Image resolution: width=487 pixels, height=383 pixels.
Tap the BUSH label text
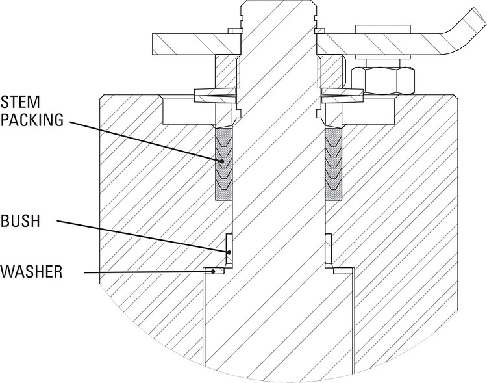21,221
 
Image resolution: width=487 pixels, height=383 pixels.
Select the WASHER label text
32,271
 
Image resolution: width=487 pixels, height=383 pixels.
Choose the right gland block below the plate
333,70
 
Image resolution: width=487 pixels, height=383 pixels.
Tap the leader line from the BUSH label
143,235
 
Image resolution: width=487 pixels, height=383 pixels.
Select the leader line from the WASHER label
143,271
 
